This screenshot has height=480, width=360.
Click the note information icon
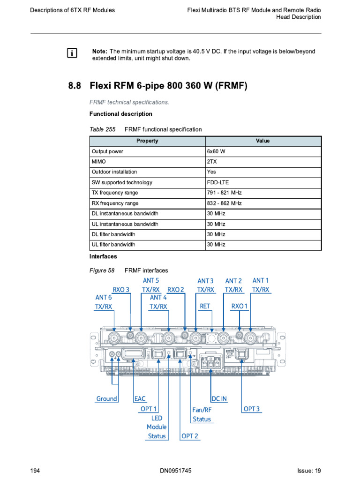pyautogui.click(x=72, y=53)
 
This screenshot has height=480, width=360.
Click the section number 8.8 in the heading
pyautogui.click(x=75, y=86)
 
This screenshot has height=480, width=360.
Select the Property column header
pyautogui.click(x=147, y=141)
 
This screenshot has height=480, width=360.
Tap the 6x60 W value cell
pyautogui.click(x=216, y=152)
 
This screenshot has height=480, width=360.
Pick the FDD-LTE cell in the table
pyautogui.click(x=218, y=182)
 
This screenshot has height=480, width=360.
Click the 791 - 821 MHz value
pyautogui.click(x=224, y=193)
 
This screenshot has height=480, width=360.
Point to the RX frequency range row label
pyautogui.click(x=115, y=203)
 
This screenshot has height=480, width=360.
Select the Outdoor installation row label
pyautogui.click(x=114, y=172)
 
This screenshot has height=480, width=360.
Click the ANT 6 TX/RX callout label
pyautogui.click(x=104, y=302)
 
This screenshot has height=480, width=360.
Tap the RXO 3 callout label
pyautogui.click(x=121, y=290)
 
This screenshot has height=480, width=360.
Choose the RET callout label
pyautogui.click(x=205, y=306)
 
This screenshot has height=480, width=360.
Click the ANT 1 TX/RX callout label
pyautogui.click(x=261, y=285)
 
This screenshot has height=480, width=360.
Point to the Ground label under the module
pyautogui.click(x=106, y=399)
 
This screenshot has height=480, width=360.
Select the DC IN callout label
pyautogui.click(x=219, y=399)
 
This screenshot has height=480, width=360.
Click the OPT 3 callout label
pyautogui.click(x=251, y=409)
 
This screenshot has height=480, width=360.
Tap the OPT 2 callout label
pyautogui.click(x=189, y=436)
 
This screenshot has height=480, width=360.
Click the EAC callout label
pyautogui.click(x=140, y=399)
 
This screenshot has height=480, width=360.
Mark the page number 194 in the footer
pyautogui.click(x=34, y=471)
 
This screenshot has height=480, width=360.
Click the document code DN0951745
pyautogui.click(x=176, y=471)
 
